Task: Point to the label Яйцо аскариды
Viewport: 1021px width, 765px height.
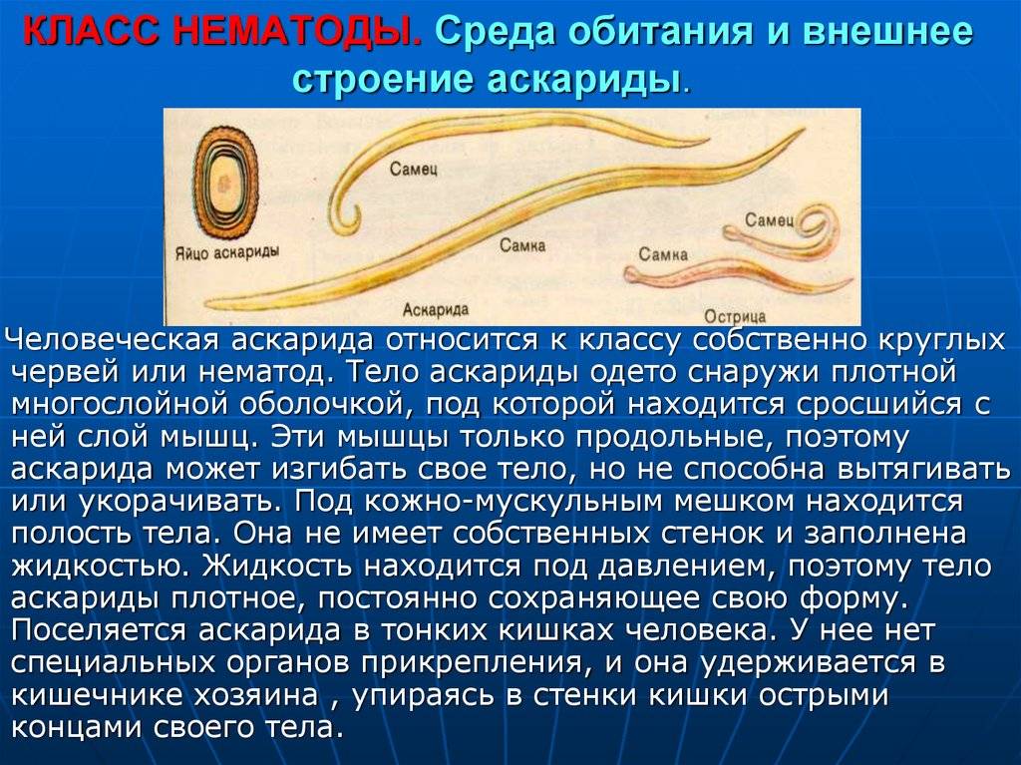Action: coord(226,251)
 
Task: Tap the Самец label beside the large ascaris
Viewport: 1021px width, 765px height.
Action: coord(414,169)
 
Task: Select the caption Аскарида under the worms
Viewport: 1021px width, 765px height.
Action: coord(436,309)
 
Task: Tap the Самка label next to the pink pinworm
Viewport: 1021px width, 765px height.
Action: coord(663,253)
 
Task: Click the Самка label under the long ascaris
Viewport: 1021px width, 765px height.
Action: coord(522,245)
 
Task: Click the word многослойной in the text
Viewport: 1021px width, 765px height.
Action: coord(120,404)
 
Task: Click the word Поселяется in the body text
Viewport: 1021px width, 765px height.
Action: coord(100,630)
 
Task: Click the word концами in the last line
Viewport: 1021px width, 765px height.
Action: coord(77,727)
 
